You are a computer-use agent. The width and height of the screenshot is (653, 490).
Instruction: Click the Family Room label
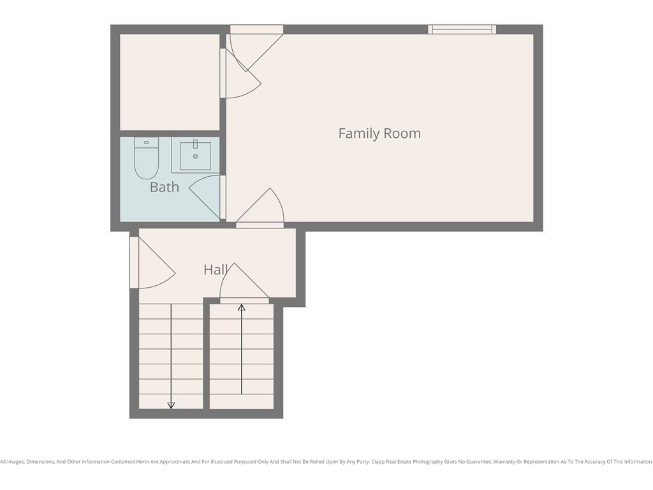[x=379, y=133]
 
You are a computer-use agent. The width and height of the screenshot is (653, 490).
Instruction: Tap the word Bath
[x=165, y=187]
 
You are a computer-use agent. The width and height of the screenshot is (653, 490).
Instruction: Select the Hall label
[x=216, y=270]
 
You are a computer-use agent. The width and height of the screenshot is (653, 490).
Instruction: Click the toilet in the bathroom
[x=146, y=158]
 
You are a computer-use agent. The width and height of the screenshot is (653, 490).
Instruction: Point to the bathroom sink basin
[x=195, y=156]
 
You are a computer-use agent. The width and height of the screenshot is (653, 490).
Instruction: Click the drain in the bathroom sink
[x=195, y=156]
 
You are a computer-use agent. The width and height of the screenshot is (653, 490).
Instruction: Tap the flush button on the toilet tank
[x=146, y=142]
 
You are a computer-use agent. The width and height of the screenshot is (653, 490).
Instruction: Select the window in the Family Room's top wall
[x=462, y=29]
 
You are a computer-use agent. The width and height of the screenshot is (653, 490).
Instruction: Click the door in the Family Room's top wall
[x=256, y=48]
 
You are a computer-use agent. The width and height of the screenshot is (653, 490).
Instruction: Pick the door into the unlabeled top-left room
[x=240, y=73]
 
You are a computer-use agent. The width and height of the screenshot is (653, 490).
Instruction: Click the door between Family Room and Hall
[x=260, y=209]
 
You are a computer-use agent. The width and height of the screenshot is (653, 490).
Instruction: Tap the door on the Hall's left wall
[x=152, y=262]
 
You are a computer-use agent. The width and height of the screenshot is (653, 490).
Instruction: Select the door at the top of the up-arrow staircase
[x=244, y=283]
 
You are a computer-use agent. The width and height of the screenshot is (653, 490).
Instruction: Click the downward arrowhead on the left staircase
[x=171, y=405]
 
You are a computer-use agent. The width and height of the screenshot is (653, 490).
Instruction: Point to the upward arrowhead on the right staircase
[x=242, y=308]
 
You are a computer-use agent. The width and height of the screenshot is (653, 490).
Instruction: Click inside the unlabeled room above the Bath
[x=170, y=82]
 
